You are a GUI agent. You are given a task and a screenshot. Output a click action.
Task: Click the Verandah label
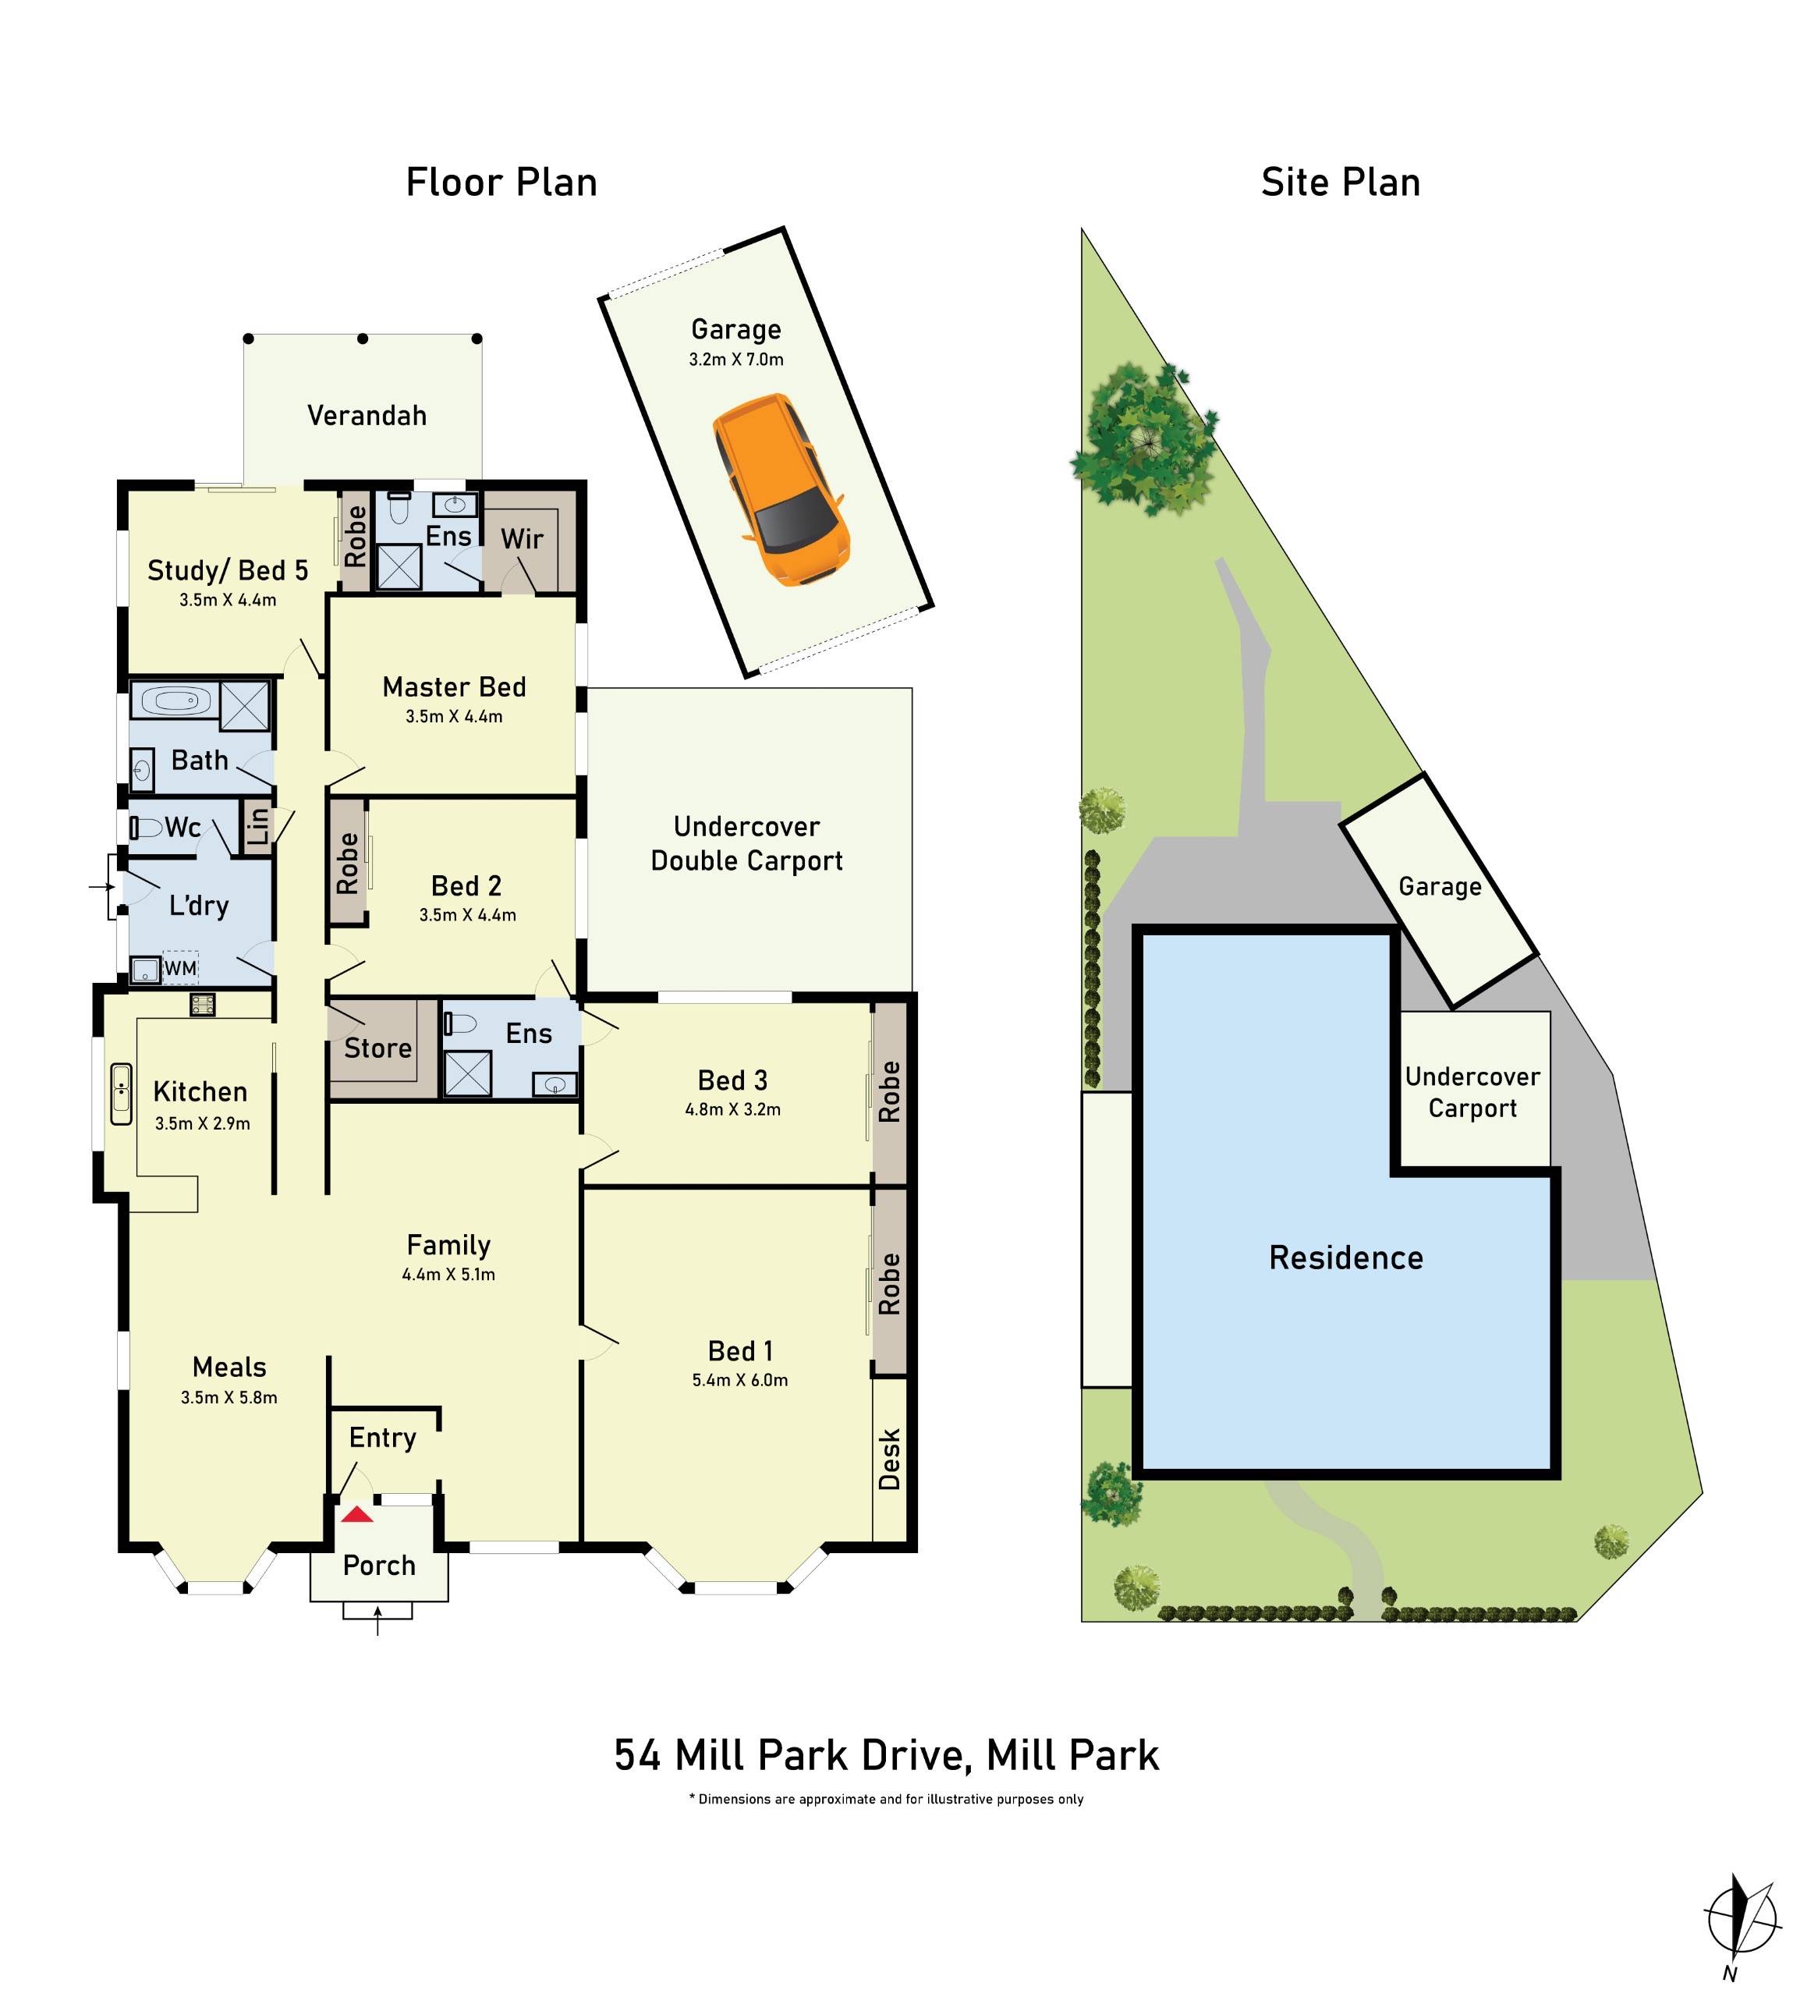(367, 416)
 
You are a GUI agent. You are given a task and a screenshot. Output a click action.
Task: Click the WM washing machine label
(181, 967)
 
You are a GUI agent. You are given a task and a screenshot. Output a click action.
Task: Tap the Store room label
(377, 1048)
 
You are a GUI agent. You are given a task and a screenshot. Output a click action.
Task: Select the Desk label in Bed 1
(890, 1459)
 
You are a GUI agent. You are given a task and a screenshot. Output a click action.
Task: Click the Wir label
(521, 539)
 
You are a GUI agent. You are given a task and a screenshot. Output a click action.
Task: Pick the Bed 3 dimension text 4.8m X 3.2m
(733, 1109)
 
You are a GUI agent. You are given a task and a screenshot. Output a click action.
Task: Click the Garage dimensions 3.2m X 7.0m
(736, 360)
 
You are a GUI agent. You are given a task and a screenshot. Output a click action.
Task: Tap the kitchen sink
(121, 1094)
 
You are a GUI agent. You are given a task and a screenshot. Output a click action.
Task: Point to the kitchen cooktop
(202, 1005)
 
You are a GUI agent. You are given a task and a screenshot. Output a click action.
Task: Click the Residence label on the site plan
(1346, 1258)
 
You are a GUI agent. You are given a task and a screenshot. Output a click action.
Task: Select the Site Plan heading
(1340, 183)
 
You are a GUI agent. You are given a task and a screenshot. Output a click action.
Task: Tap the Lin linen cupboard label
(258, 825)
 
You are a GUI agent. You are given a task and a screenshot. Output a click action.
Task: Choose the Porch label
(378, 1566)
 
